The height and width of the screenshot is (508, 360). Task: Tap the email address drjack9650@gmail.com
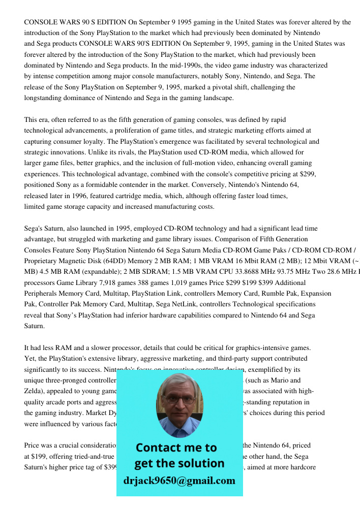(x=179, y=481)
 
